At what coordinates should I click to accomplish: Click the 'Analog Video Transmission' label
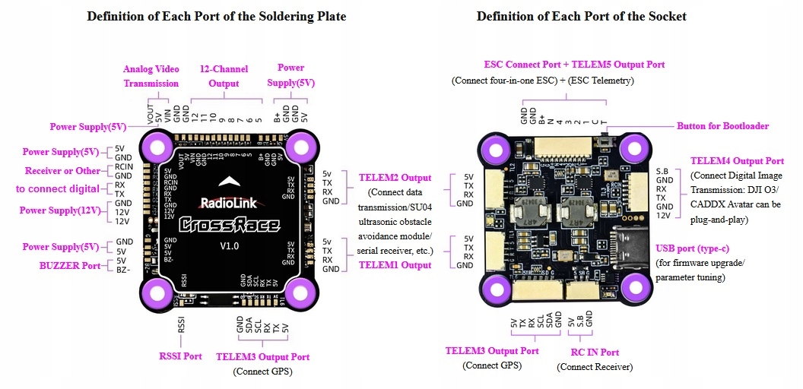coord(151,76)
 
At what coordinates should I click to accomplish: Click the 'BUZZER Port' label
coord(70,266)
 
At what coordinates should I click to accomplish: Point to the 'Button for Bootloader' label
coord(722,126)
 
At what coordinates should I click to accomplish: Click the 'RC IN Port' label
coord(595,353)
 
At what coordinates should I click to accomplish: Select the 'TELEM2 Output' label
coord(395,178)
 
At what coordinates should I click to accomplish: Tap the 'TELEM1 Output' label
coord(395,265)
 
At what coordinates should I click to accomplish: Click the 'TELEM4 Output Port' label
coord(737,161)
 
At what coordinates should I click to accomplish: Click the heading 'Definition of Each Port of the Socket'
coord(582,16)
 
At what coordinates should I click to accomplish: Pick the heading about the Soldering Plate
coord(217,16)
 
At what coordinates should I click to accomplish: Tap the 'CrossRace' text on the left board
coord(228,224)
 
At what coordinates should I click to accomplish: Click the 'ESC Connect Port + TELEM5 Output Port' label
coord(574,65)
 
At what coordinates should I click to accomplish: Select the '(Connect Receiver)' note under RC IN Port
coord(595,367)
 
